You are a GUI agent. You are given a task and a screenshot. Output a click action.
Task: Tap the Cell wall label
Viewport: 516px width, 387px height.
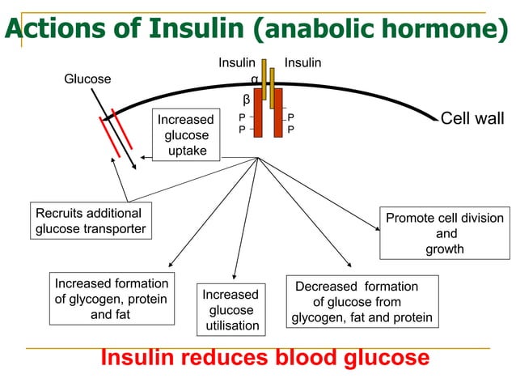click(472, 119)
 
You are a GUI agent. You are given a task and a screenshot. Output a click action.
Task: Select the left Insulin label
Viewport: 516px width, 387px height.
click(236, 62)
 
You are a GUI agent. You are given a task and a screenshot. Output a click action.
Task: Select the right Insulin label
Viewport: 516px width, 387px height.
click(303, 62)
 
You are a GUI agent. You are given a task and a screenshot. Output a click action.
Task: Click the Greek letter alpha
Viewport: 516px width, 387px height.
click(254, 80)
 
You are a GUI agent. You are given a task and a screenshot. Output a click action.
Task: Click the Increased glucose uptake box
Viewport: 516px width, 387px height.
click(188, 135)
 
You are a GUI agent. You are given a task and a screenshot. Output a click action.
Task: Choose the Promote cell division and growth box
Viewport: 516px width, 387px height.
click(444, 233)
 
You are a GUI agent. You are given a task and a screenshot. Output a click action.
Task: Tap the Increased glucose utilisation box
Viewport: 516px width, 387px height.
click(231, 310)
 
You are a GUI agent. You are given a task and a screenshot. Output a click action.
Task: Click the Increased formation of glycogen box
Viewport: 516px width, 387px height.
click(111, 299)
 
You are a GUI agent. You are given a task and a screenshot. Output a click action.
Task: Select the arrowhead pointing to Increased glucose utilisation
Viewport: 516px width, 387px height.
click(233, 278)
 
